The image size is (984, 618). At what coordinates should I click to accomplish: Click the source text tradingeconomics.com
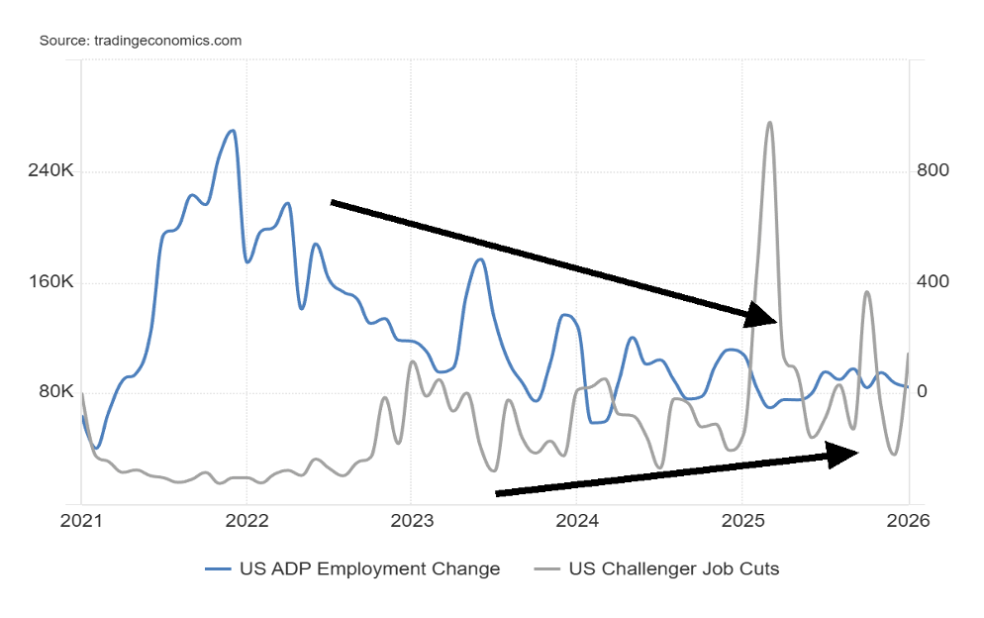[x=141, y=41]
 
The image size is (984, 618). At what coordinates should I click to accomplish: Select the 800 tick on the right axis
[x=933, y=171]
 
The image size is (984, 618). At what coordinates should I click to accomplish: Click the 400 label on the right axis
[x=933, y=282]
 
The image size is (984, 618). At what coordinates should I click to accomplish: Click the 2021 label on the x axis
[x=81, y=521]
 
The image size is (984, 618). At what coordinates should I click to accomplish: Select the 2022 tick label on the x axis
[x=246, y=521]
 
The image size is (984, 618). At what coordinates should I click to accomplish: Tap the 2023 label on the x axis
[x=412, y=521]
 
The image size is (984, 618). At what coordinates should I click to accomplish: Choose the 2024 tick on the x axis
[x=577, y=521]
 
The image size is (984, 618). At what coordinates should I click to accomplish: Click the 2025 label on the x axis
[x=742, y=521]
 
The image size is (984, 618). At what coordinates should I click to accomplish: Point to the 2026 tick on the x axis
[x=908, y=521]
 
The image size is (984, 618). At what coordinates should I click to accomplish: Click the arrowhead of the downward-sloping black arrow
[x=762, y=316]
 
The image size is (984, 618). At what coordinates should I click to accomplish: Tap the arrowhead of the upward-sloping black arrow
[x=843, y=453]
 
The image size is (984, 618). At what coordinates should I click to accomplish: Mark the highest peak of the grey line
[x=769, y=123]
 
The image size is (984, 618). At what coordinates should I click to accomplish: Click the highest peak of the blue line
[x=233, y=131]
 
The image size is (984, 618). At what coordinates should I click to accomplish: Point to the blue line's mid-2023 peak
[x=479, y=259]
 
